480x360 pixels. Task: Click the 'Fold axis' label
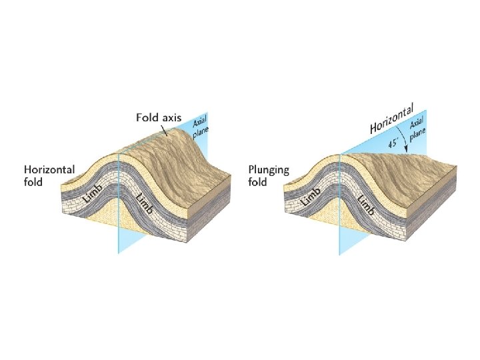159,117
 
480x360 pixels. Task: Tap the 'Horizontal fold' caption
49,176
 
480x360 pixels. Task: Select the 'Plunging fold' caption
268,175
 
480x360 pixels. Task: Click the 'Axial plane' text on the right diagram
417,131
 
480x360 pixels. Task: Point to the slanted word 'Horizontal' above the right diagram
393,117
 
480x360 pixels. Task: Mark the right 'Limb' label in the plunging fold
367,204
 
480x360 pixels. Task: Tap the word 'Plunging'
268,169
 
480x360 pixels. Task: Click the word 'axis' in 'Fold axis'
170,117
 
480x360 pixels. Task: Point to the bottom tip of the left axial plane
119,252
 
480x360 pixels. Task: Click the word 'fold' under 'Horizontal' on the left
33,182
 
